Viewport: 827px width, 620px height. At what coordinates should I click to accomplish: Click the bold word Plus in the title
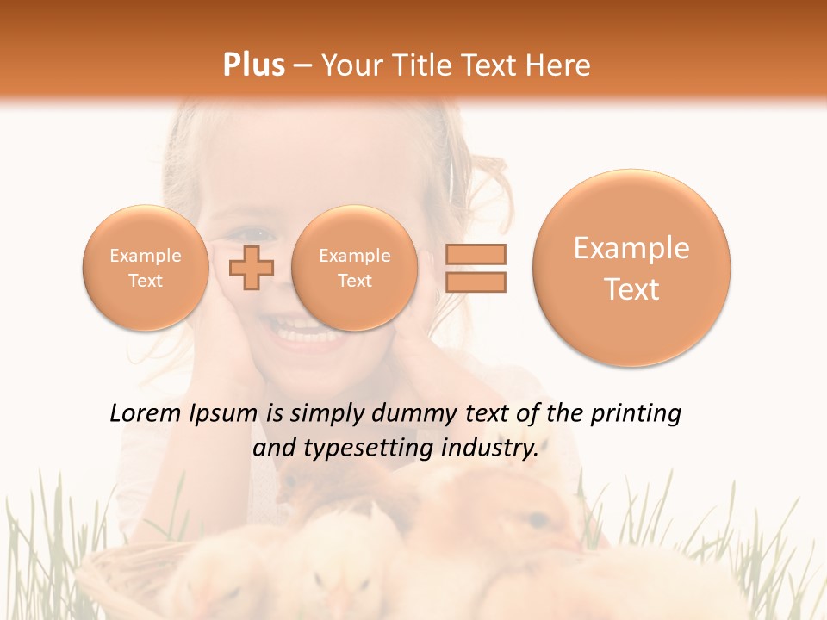click(253, 65)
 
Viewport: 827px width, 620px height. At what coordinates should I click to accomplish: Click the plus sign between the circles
click(251, 267)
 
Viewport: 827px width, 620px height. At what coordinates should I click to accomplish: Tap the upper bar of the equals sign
click(476, 254)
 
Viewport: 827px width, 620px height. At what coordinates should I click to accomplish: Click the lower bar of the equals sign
click(476, 282)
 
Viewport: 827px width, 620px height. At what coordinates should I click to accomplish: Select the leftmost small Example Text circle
click(146, 268)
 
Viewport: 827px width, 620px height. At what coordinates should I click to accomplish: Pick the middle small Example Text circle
click(354, 268)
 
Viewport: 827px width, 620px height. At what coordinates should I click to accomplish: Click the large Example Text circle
click(631, 268)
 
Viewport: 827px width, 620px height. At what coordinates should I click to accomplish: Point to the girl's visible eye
click(257, 233)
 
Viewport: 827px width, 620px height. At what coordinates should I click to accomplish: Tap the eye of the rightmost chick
click(536, 520)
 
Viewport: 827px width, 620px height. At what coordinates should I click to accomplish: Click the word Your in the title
click(350, 65)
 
